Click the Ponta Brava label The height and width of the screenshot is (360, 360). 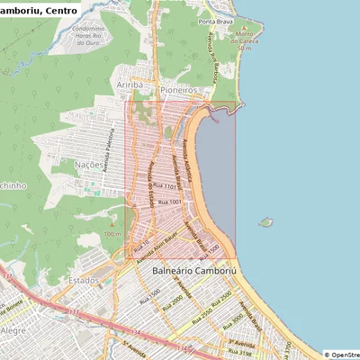[218, 22]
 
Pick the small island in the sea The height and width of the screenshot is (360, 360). [265, 221]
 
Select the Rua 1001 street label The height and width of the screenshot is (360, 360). [170, 203]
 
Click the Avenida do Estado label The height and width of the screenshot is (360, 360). [147, 184]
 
